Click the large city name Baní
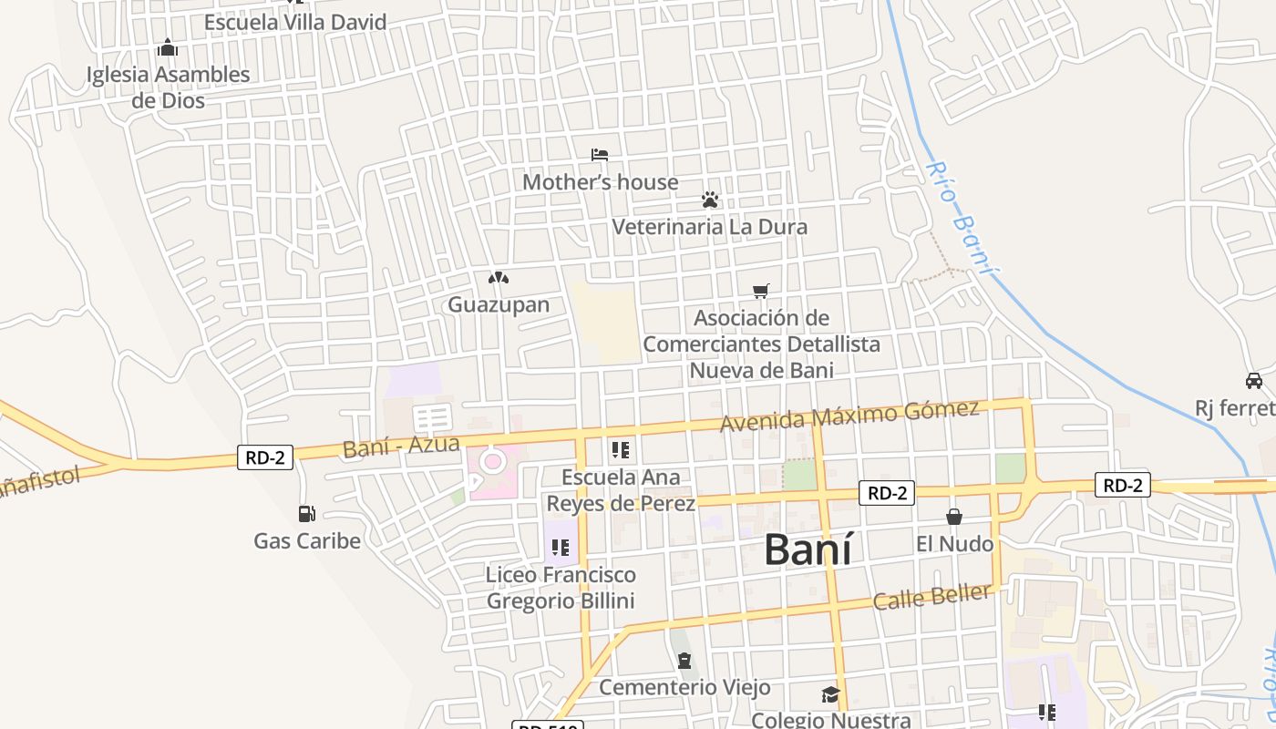pyautogui.click(x=808, y=550)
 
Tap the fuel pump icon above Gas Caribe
pyautogui.click(x=307, y=514)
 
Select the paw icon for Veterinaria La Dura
pyautogui.click(x=710, y=199)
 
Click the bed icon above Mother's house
pyautogui.click(x=599, y=155)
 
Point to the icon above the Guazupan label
pyautogui.click(x=498, y=278)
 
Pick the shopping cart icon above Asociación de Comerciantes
pyautogui.click(x=761, y=291)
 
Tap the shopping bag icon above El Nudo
pyautogui.click(x=954, y=517)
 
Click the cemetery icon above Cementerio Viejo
pyautogui.click(x=684, y=661)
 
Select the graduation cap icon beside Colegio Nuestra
pyautogui.click(x=829, y=695)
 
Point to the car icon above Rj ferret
pyautogui.click(x=1254, y=380)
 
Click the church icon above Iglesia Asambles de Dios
pyautogui.click(x=168, y=47)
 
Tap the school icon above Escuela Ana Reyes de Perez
pyautogui.click(x=621, y=449)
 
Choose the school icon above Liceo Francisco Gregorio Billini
pyautogui.click(x=561, y=548)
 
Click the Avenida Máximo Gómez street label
pyautogui.click(x=849, y=416)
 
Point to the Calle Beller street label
pyautogui.click(x=931, y=597)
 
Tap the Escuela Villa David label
pyautogui.click(x=295, y=22)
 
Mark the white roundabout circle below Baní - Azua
pyautogui.click(x=493, y=461)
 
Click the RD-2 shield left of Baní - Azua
pyautogui.click(x=265, y=457)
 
